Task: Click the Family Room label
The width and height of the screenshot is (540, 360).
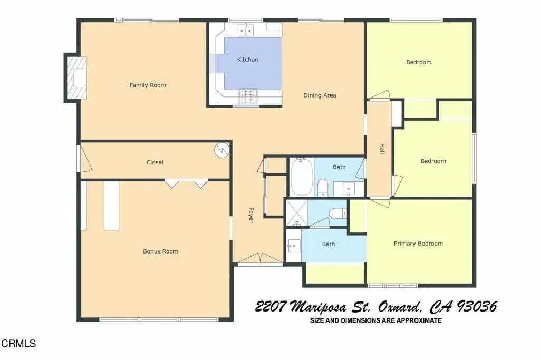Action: [148, 85]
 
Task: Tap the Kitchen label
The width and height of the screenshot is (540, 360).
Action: [248, 60]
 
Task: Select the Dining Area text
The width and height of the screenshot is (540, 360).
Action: [320, 95]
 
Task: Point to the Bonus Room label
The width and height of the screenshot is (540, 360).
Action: [160, 251]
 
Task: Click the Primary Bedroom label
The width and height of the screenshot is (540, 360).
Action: [418, 244]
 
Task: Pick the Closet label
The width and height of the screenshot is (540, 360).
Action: [155, 162]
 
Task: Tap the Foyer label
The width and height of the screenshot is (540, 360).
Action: [250, 215]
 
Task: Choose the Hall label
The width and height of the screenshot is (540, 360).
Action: [382, 149]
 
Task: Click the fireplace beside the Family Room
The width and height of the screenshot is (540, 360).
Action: [76, 78]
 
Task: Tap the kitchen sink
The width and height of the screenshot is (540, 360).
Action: [246, 31]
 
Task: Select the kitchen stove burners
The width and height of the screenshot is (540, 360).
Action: [248, 96]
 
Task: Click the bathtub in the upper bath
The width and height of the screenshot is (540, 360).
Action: [302, 177]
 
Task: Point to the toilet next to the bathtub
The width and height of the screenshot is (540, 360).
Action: [323, 188]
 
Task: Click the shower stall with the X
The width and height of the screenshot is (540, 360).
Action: [297, 213]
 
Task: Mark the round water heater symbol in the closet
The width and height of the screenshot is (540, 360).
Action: [222, 150]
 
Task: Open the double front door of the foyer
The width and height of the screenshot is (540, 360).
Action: [261, 258]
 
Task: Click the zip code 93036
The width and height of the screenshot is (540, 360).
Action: [477, 306]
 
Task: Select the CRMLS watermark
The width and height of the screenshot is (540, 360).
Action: [18, 344]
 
